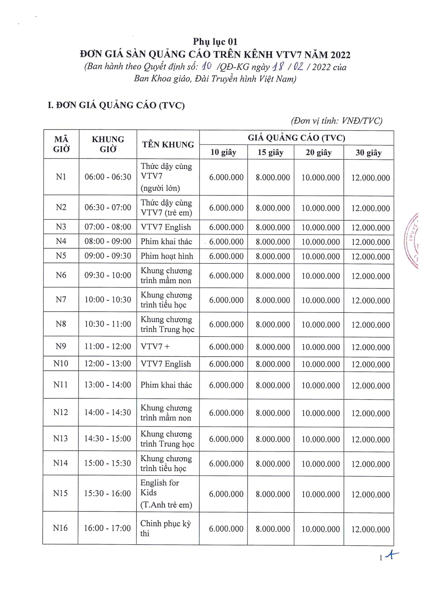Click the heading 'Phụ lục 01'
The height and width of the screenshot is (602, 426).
click(215, 42)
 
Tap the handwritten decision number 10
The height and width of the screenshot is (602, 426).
click(207, 66)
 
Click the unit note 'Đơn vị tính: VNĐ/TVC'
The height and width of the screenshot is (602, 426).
click(337, 121)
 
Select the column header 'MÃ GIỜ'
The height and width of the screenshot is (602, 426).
click(61, 144)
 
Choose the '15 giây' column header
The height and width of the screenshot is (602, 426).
click(270, 152)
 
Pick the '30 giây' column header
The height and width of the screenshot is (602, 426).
click(368, 153)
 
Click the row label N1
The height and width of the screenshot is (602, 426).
click(61, 177)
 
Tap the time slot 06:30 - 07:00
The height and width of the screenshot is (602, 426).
click(108, 207)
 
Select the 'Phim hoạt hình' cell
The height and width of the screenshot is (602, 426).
click(167, 256)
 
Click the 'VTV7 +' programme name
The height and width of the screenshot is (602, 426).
click(155, 346)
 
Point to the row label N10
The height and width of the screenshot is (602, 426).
click(61, 363)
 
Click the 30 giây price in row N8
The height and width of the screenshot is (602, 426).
click(370, 325)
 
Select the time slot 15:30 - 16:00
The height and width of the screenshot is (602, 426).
click(107, 493)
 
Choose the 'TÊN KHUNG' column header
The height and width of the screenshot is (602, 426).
click(168, 144)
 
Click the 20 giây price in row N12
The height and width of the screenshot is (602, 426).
click(320, 413)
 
